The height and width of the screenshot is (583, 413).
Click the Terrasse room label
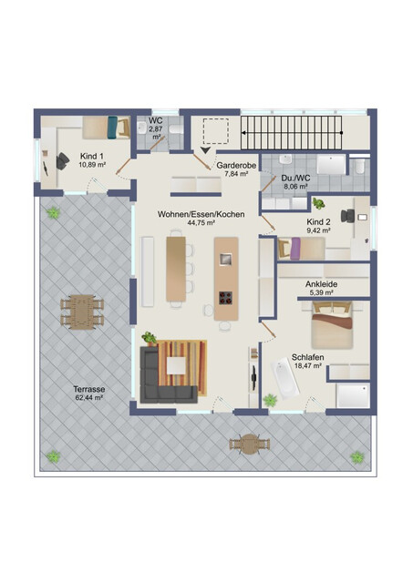[89, 389]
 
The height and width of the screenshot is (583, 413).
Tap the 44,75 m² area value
[201, 222]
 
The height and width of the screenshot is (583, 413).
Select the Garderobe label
[236, 166]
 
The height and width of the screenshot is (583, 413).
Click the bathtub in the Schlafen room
[285, 378]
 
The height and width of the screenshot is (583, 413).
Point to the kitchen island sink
[226, 258]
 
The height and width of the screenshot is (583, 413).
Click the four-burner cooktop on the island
[226, 298]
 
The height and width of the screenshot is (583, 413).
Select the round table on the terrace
[249, 444]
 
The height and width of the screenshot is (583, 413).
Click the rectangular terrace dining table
[82, 312]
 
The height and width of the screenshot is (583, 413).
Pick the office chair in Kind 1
[62, 161]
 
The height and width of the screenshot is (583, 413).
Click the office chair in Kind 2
[348, 216]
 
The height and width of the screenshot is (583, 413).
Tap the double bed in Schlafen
[332, 325]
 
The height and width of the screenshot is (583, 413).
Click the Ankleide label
[322, 284]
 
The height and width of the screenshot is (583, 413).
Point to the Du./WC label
[295, 179]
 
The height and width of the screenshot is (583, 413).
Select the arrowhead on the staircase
[244, 132]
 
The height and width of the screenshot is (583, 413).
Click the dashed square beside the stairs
[216, 131]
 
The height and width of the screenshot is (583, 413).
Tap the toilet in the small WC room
[176, 128]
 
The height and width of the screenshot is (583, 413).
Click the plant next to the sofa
[149, 338]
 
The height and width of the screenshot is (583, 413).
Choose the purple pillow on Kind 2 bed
[295, 249]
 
